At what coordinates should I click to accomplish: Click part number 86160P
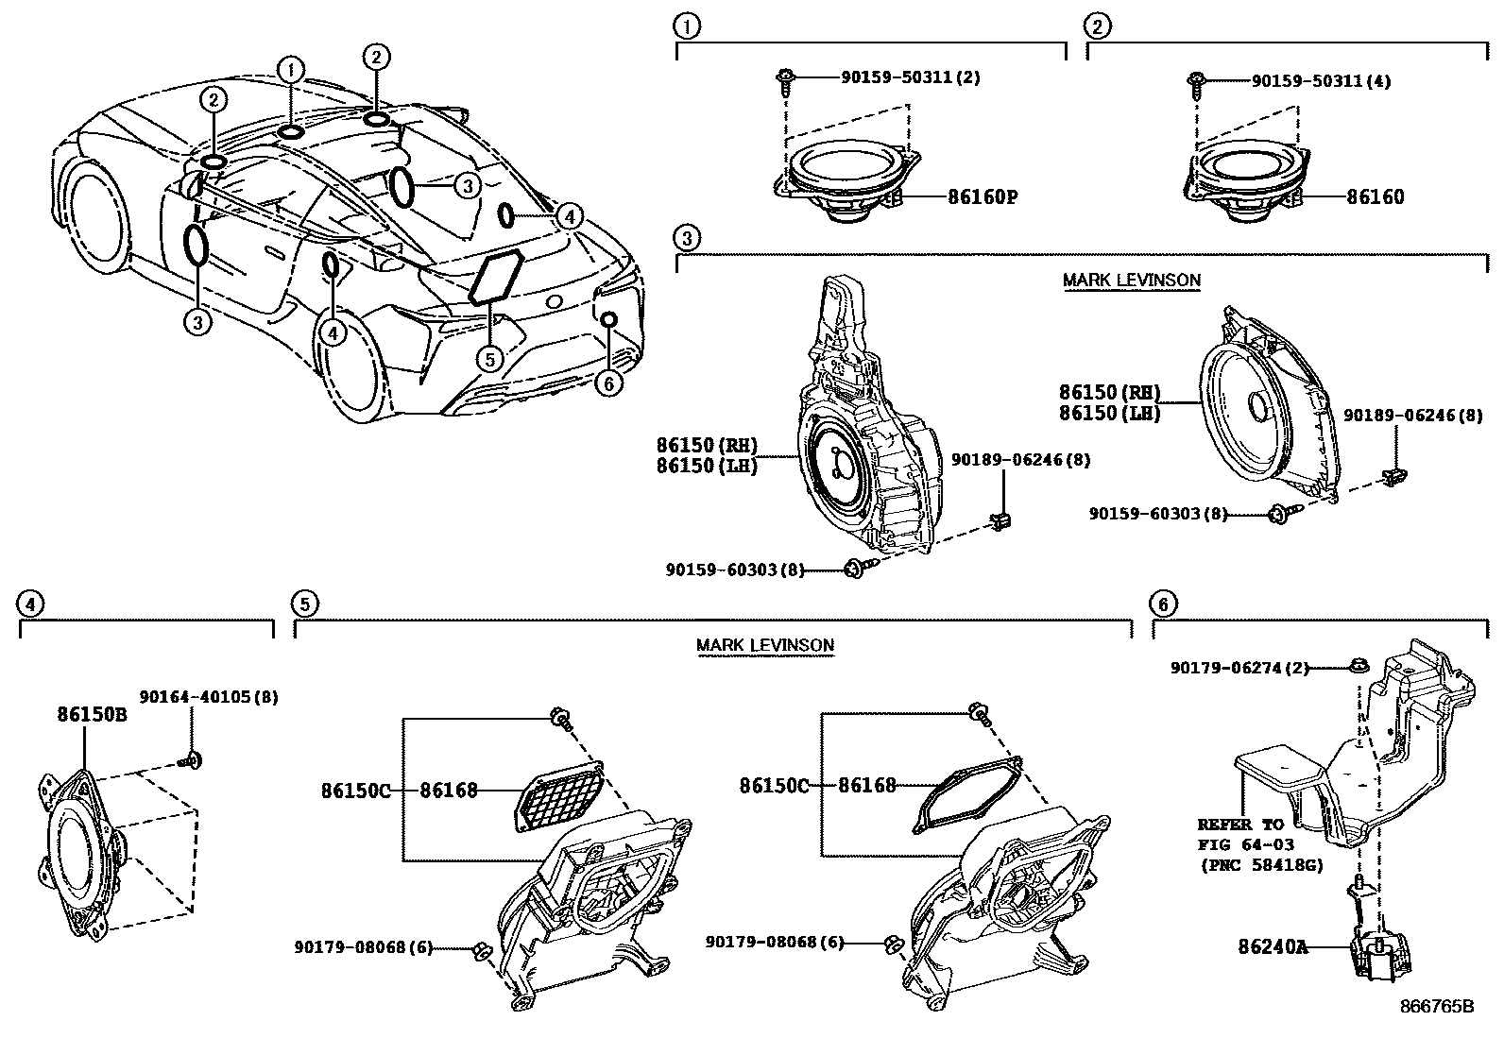click(x=983, y=197)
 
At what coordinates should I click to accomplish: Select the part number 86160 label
click(x=1375, y=197)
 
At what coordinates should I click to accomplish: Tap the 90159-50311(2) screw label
click(x=910, y=77)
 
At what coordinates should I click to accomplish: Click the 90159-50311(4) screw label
click(x=1320, y=82)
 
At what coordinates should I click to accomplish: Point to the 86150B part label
click(x=92, y=715)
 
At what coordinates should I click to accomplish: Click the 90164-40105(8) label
click(x=209, y=697)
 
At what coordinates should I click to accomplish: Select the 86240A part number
click(x=1273, y=945)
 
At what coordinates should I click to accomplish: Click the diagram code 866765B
click(x=1436, y=1006)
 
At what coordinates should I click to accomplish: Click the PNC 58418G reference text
click(x=1260, y=864)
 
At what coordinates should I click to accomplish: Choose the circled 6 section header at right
click(x=1163, y=604)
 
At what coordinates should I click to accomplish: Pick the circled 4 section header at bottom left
click(x=31, y=604)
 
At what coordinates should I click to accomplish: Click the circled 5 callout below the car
click(x=487, y=359)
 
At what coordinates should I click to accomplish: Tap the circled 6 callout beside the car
click(x=609, y=383)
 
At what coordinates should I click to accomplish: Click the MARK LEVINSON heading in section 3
click(x=1131, y=281)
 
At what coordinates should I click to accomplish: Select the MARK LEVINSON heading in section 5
click(x=765, y=646)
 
